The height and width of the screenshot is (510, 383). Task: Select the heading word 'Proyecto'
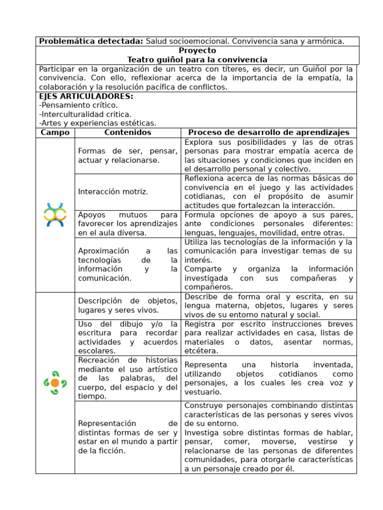[197, 50]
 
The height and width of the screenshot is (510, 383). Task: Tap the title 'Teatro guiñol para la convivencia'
[197, 59]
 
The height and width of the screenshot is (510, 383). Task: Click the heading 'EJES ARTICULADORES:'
[86, 96]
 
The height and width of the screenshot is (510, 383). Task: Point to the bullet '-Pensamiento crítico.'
[78, 105]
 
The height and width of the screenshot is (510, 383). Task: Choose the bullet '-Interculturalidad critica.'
[85, 114]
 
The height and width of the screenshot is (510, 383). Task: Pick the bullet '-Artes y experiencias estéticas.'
[97, 123]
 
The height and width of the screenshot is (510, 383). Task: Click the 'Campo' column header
[55, 132]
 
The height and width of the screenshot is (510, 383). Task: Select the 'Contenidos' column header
[128, 132]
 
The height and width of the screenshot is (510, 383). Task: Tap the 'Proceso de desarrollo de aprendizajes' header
[268, 132]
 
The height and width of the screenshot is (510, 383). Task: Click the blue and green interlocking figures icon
[55, 215]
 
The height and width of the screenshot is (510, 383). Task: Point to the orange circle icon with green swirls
[55, 382]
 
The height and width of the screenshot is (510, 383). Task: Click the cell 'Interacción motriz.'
[113, 192]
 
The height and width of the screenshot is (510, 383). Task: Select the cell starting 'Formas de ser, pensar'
[128, 155]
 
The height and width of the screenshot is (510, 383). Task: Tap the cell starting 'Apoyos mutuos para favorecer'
[128, 224]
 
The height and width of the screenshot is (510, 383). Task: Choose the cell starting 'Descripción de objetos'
[128, 305]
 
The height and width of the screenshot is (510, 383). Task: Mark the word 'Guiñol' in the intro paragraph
[322, 69]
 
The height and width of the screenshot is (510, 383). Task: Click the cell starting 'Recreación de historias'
[128, 378]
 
